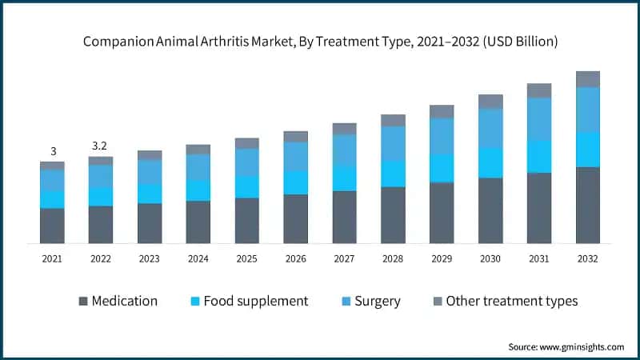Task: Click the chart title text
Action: click(x=320, y=39)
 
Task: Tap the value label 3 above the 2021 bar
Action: click(x=53, y=151)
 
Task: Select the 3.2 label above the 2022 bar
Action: click(x=101, y=146)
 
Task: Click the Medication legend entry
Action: click(x=118, y=302)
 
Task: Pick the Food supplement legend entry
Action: click(x=247, y=302)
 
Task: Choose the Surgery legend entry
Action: click(x=370, y=302)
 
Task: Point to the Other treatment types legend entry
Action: click(x=504, y=302)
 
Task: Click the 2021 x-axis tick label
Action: click(x=53, y=258)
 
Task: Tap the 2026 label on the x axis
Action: click(x=296, y=258)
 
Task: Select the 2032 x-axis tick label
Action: click(x=588, y=258)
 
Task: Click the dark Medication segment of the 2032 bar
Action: click(x=588, y=205)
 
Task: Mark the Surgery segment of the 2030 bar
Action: click(x=490, y=128)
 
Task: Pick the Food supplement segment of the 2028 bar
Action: click(x=393, y=174)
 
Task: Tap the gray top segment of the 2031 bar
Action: click(x=539, y=90)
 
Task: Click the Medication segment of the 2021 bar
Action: click(x=53, y=226)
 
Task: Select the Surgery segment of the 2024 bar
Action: click(x=198, y=167)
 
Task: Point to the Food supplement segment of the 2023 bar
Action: click(x=150, y=194)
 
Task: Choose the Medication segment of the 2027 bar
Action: click(x=344, y=217)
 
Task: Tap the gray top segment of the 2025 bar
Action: click(x=247, y=143)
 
